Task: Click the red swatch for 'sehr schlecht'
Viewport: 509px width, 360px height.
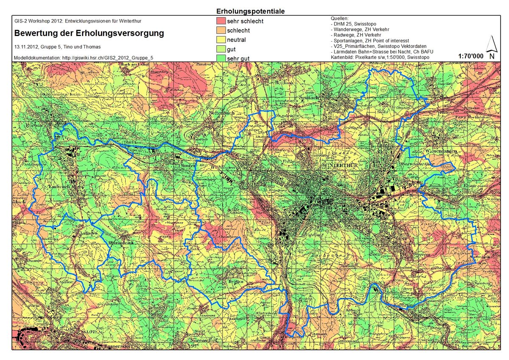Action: coord(221,21)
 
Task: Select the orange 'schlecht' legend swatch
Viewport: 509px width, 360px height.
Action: coord(221,31)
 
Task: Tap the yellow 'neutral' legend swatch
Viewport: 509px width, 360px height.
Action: coord(221,40)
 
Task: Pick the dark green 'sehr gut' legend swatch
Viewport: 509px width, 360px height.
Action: coord(221,59)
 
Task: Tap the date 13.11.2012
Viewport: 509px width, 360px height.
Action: coord(28,47)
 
